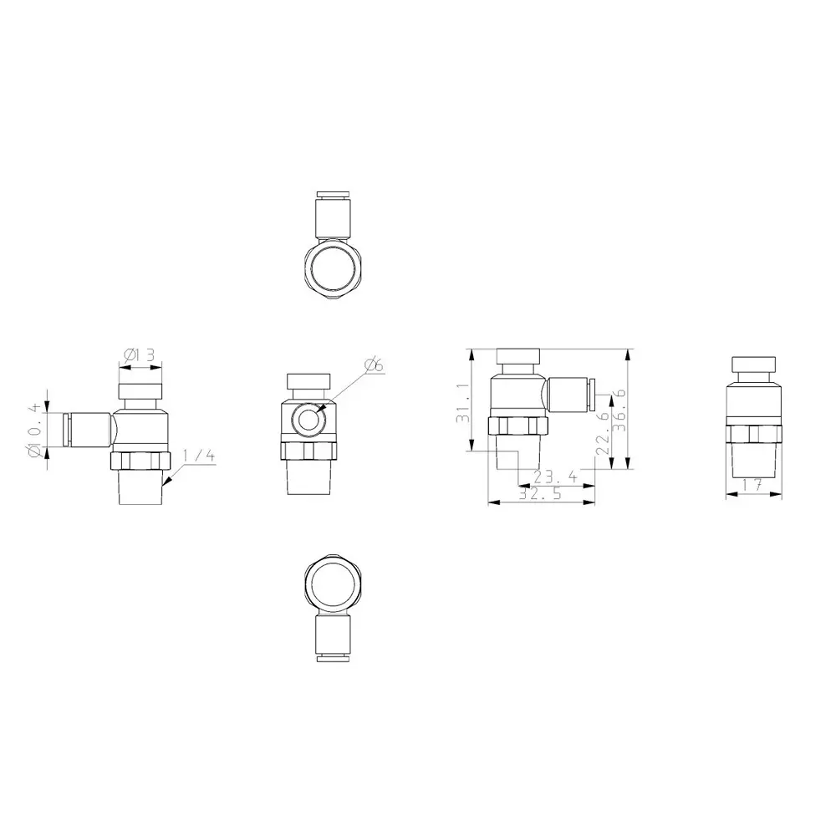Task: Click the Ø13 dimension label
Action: pyautogui.click(x=140, y=355)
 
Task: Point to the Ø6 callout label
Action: pyautogui.click(x=374, y=364)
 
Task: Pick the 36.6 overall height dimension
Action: pyautogui.click(x=620, y=409)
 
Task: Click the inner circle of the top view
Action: pyautogui.click(x=333, y=268)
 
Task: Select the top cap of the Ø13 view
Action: pyautogui.click(x=140, y=391)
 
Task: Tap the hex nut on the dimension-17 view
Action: pyautogui.click(x=754, y=434)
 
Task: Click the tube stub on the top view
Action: pyautogui.click(x=333, y=217)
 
